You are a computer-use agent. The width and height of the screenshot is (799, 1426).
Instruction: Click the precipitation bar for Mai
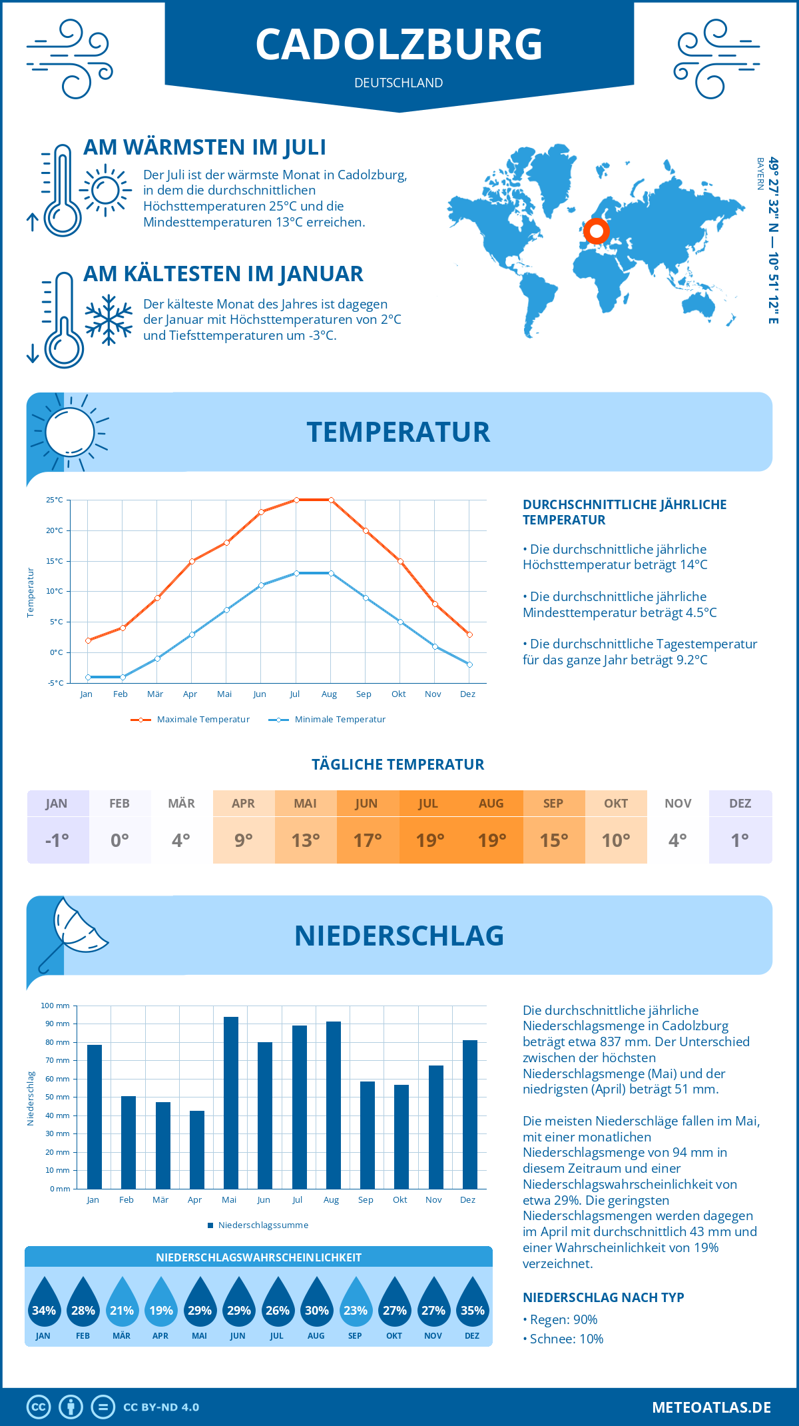pyautogui.click(x=230, y=1103)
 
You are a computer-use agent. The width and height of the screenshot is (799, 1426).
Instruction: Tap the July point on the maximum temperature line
pyautogui.click(x=296, y=500)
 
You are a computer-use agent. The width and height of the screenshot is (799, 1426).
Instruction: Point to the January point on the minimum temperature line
pyautogui.click(x=88, y=677)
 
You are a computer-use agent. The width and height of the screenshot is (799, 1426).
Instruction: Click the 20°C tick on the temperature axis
pyautogui.click(x=55, y=530)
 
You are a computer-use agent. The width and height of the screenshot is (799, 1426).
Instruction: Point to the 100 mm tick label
pyautogui.click(x=55, y=1006)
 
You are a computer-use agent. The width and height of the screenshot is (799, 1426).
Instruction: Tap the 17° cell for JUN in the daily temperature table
pyautogui.click(x=368, y=840)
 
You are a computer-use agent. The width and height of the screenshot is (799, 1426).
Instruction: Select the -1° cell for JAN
pyautogui.click(x=57, y=840)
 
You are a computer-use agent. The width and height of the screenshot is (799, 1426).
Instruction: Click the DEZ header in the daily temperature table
pyautogui.click(x=740, y=804)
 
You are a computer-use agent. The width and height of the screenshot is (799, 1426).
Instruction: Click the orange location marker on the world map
pyautogui.click(x=596, y=231)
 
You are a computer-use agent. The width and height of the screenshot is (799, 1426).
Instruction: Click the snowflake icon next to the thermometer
pyautogui.click(x=109, y=320)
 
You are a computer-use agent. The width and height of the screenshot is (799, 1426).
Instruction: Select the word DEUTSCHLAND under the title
pyautogui.click(x=399, y=83)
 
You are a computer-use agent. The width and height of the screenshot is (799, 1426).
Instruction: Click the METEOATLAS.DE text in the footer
pyautogui.click(x=711, y=1407)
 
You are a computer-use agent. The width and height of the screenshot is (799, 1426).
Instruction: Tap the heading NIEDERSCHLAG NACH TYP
pyautogui.click(x=603, y=1297)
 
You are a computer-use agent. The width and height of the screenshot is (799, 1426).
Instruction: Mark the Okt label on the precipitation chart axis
pyautogui.click(x=400, y=1200)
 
